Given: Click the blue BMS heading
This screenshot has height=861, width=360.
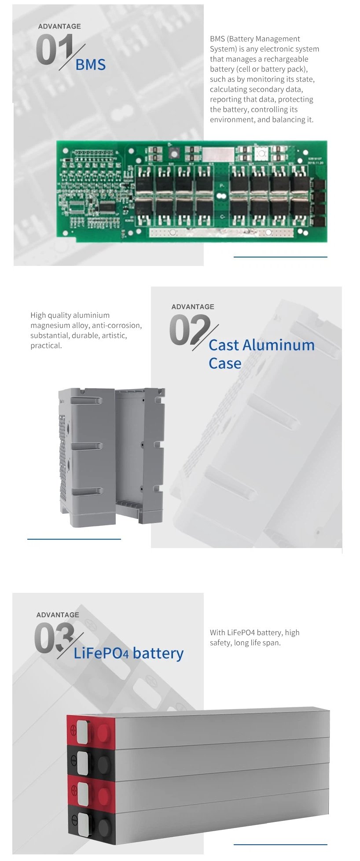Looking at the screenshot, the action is tap(91, 65).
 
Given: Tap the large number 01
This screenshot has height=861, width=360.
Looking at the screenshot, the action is tap(54, 50).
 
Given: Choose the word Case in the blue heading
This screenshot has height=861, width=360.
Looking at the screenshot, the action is tap(225, 364).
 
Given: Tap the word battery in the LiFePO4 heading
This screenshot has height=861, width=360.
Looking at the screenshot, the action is tap(158, 654).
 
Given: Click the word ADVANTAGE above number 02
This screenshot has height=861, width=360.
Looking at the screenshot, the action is tap(193, 307).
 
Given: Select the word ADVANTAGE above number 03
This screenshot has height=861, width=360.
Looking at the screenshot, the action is tap(58, 615).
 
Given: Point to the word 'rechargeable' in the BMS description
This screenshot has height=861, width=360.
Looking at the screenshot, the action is tap(286, 59).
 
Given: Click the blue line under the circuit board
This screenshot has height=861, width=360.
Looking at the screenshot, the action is tap(280, 257).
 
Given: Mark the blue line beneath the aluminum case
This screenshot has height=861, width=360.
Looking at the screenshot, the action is tap(74, 539).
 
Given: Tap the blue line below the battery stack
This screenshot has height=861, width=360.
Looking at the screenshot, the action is tap(280, 844).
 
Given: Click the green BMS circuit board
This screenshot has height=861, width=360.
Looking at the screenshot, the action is tap(192, 191).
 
